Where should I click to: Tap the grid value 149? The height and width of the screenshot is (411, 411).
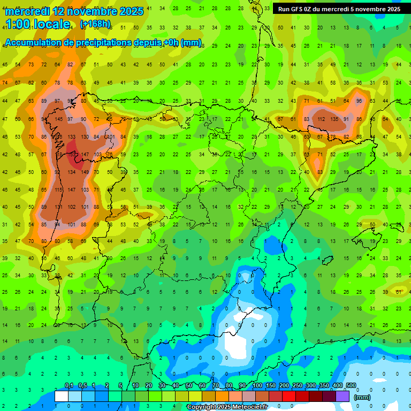coord(85,172)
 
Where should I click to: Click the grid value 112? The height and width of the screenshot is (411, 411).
coord(321,119)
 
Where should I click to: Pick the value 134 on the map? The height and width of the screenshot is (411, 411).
coord(71,172)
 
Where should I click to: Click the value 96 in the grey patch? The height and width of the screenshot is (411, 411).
coord(359,101)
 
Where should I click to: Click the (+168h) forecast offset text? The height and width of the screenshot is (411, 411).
coord(95,24)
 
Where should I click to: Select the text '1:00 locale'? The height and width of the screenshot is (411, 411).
coord(37,24)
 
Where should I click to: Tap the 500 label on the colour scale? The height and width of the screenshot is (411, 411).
coord(351,386)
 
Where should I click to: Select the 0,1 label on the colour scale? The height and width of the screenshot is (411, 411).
coord(69,386)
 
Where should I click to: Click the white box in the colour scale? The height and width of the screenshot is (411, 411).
coord(62,396)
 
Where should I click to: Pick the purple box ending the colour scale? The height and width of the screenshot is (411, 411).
coord(342,396)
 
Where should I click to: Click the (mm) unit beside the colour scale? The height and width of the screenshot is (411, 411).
coord(362,397)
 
